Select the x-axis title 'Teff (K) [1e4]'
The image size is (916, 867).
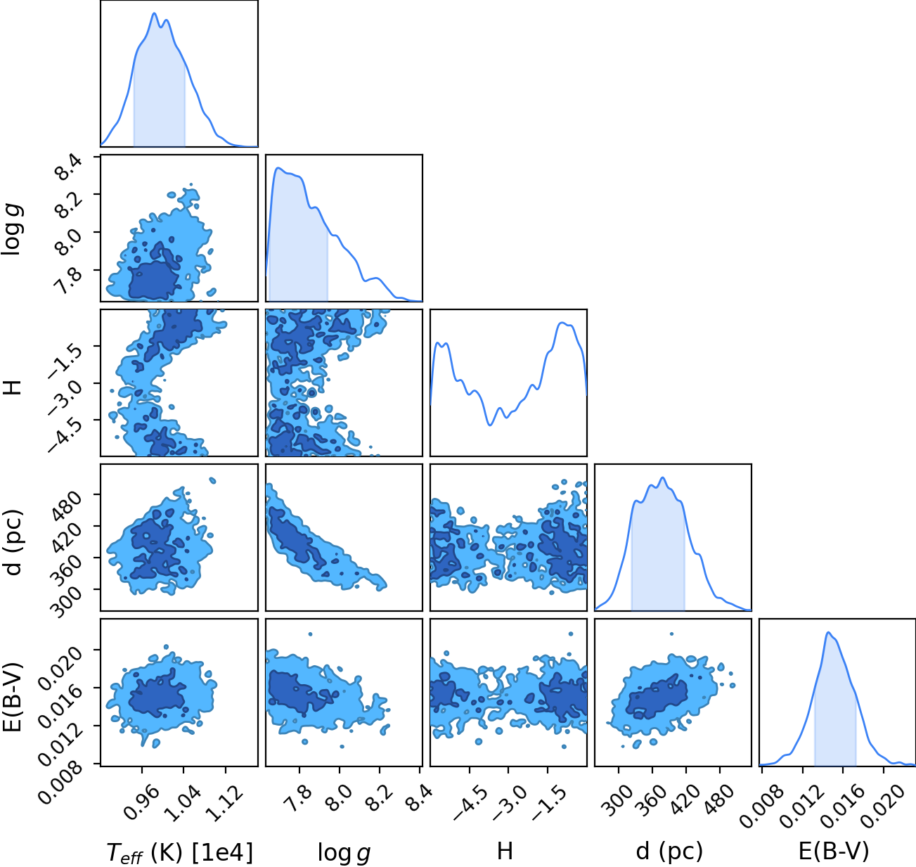(x=180, y=852)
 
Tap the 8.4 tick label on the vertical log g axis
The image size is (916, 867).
(x=68, y=167)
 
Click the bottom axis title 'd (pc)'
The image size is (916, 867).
(x=669, y=852)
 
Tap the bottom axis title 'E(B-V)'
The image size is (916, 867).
(x=834, y=852)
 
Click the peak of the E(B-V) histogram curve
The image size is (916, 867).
(x=828, y=633)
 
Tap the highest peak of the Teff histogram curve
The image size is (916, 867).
(x=154, y=13)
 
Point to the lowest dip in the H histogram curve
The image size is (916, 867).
(x=489, y=425)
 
